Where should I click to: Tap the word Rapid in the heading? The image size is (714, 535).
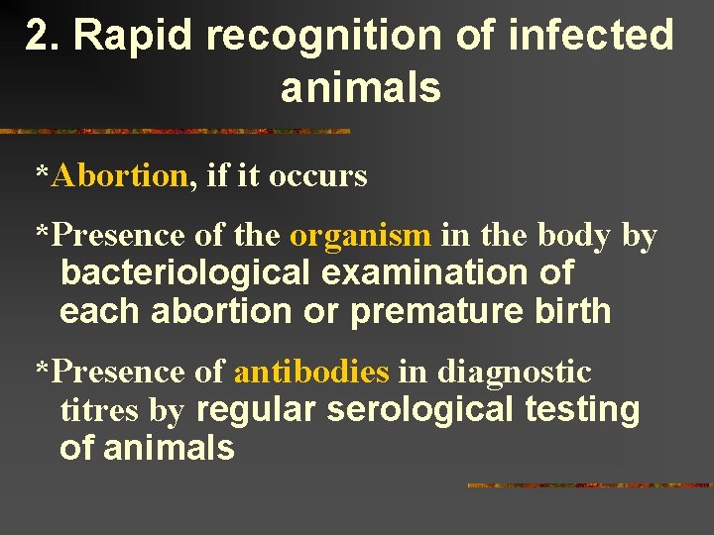136,37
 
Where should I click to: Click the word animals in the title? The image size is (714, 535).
360,88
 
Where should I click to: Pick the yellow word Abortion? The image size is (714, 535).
120,176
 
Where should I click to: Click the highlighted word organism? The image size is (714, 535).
360,236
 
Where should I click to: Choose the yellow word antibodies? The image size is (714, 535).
311,373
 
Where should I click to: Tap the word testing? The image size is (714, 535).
583,409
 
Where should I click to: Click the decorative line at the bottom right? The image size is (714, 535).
589,485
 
